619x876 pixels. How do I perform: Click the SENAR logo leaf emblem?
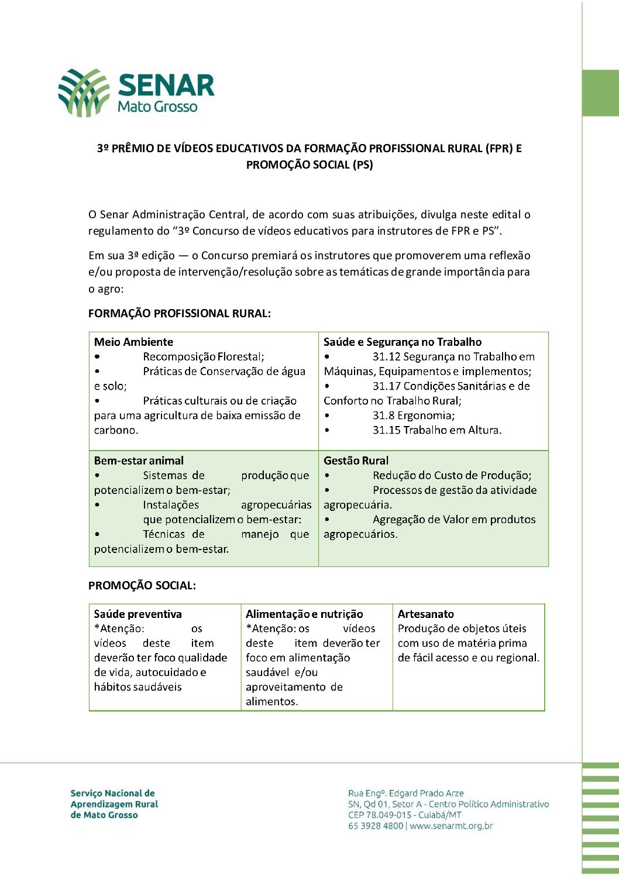84,92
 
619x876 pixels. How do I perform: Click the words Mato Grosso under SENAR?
157,107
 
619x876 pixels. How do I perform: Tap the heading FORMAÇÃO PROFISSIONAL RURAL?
179,314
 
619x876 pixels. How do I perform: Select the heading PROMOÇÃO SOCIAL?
142,586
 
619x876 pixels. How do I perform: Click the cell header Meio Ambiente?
133,342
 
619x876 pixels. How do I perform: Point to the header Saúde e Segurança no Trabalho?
403,342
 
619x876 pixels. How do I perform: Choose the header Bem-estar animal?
139,461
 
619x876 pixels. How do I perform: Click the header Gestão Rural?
356,461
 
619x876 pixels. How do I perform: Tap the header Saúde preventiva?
137,614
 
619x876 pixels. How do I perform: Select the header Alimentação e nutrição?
304,614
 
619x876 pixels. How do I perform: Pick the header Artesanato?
425,614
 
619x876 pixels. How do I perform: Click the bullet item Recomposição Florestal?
203,357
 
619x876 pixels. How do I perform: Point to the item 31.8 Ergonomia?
413,415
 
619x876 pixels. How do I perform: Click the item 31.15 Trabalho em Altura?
436,430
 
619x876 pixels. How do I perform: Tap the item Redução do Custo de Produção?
452,476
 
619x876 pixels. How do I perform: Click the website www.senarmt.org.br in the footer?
451,826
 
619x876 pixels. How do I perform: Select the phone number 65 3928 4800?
375,826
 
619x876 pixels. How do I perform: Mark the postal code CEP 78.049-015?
380,815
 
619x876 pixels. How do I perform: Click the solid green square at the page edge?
600,93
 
